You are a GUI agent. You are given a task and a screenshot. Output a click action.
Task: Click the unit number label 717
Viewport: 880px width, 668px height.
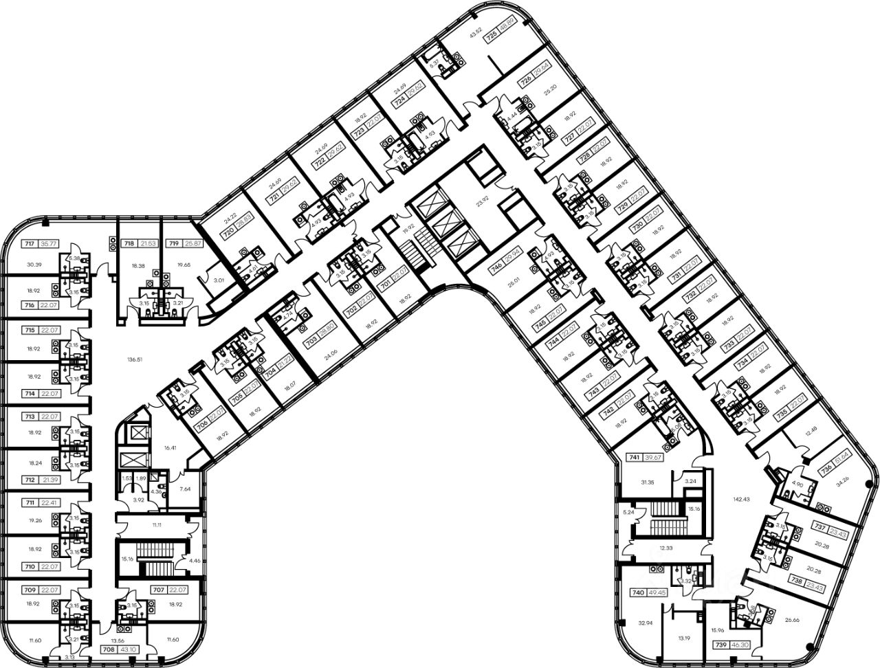pos(30,244)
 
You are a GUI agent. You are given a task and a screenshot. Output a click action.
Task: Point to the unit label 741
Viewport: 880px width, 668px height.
pos(635,457)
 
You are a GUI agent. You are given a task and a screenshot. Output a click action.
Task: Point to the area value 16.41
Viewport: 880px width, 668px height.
pos(170,447)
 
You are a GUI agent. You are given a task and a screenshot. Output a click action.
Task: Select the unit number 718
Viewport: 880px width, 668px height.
pos(129,244)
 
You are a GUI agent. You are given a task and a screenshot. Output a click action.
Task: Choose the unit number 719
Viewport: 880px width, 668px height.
pos(175,244)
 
